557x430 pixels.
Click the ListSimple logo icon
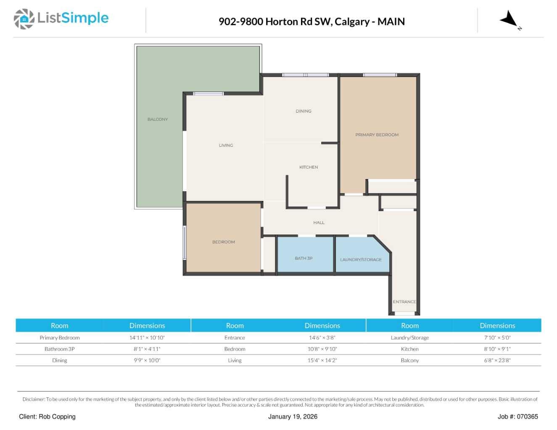(x=24, y=19)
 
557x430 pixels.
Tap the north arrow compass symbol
(x=509, y=20)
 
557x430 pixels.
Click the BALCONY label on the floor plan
(x=158, y=119)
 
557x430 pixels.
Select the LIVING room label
(x=226, y=145)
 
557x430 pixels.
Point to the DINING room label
(x=304, y=111)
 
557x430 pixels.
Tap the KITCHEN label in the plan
(x=309, y=167)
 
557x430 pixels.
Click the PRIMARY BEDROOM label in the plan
(x=377, y=135)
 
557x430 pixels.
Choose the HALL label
(x=319, y=223)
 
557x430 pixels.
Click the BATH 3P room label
(x=304, y=259)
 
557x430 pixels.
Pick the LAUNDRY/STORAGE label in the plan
(x=361, y=260)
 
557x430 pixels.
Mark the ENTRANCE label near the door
(x=404, y=302)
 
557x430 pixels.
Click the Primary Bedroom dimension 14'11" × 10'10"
(x=147, y=338)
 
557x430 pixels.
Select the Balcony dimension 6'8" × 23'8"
(x=497, y=360)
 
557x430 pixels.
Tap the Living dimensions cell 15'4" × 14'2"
(x=322, y=360)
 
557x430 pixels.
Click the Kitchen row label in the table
(x=409, y=349)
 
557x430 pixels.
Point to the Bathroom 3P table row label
(x=59, y=349)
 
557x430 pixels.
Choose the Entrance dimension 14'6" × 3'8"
(x=322, y=338)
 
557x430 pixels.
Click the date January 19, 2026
(x=293, y=417)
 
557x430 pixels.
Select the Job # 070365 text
(x=517, y=417)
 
